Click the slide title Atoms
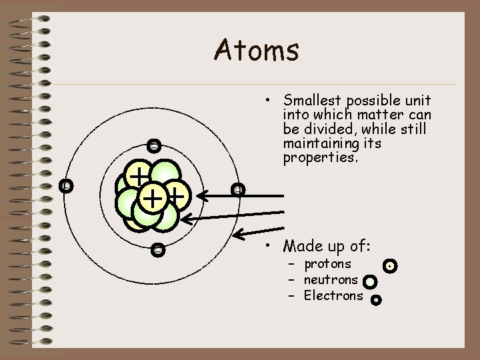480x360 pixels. (x=257, y=50)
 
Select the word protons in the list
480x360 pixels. (x=327, y=264)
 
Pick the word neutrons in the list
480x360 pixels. (x=331, y=280)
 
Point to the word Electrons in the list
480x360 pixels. (x=333, y=295)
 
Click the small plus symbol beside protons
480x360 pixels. (x=391, y=266)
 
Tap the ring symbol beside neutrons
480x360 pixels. (x=370, y=282)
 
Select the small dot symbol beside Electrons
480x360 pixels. (x=375, y=300)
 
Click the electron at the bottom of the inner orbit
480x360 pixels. (x=157, y=250)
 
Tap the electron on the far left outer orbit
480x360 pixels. (x=65, y=186)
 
